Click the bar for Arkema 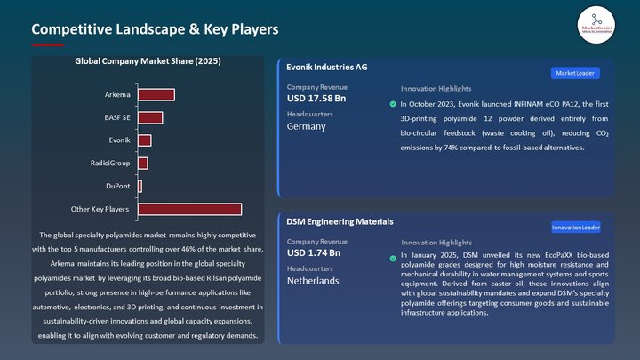[156, 94]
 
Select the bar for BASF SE [149, 117]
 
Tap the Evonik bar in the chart [144, 140]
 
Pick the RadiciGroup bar [142, 164]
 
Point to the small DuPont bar [140, 186]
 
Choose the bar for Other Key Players [189, 209]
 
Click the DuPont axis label [117, 186]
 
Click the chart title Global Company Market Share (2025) [148, 62]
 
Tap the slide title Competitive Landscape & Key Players [155, 29]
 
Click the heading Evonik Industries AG [327, 67]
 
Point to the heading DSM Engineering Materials [340, 221]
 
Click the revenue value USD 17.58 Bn [316, 98]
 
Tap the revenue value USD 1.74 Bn [314, 253]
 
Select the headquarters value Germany [307, 126]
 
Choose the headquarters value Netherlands [313, 281]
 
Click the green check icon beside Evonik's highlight [393, 104]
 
